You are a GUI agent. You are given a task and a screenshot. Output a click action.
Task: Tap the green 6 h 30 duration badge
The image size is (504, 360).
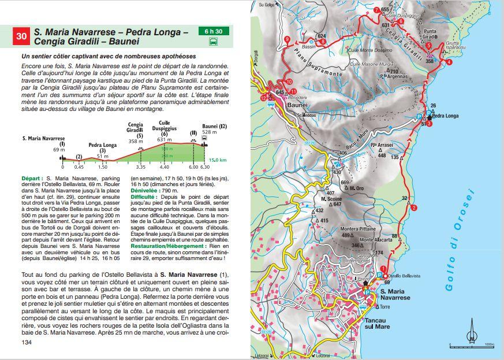pyautogui.click(x=213, y=30)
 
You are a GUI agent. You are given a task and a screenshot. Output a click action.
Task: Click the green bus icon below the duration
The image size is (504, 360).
pyautogui.click(x=214, y=42)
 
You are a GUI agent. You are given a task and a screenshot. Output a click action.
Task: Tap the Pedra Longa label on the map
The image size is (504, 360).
pyautogui.click(x=445, y=116)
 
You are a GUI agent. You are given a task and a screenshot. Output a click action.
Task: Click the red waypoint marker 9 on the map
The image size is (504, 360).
pyautogui.click(x=287, y=39)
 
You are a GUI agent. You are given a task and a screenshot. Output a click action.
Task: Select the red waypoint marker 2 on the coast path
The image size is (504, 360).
pyautogui.click(x=415, y=208)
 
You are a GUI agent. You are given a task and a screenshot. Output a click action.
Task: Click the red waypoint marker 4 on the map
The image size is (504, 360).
pyautogui.click(x=449, y=62)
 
